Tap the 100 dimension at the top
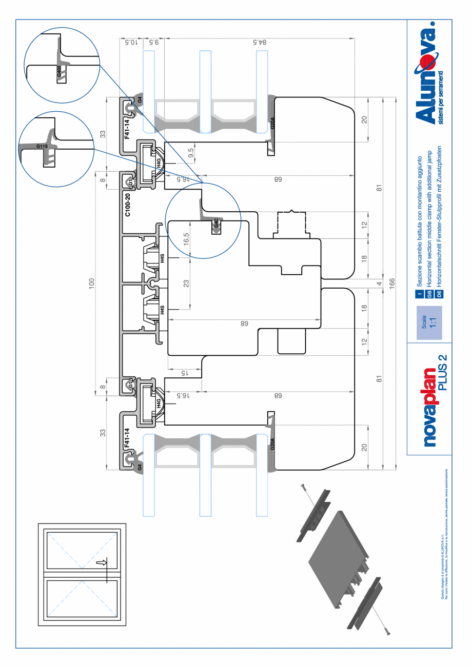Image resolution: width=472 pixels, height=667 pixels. (x=92, y=284)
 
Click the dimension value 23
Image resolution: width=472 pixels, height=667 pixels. (x=187, y=284)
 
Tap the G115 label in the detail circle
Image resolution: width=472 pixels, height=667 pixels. (x=42, y=146)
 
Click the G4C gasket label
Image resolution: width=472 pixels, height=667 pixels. (x=217, y=224)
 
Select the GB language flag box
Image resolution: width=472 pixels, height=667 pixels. (x=430, y=294)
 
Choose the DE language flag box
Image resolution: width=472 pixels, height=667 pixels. (x=439, y=294)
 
